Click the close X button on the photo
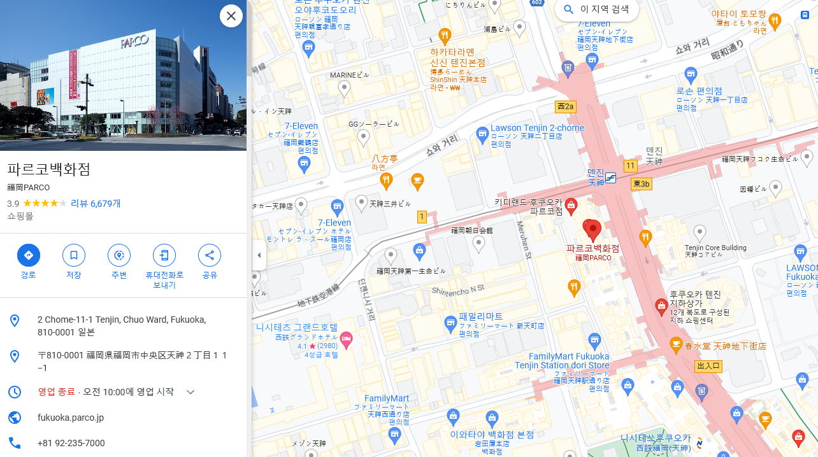[x=231, y=16]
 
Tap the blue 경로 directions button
[x=29, y=255]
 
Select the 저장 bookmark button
[x=74, y=255]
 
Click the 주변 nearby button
[x=119, y=255]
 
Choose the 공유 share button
[x=210, y=255]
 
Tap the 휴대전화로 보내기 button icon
[x=164, y=255]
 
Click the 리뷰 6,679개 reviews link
[x=96, y=204]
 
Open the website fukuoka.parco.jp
[x=71, y=418]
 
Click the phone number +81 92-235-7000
[x=71, y=443]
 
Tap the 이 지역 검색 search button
[x=596, y=10]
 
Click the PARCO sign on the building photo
[x=134, y=42]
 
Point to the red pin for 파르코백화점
[x=593, y=229]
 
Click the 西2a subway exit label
[x=565, y=106]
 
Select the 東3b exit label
[x=641, y=184]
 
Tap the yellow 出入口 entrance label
[x=708, y=366]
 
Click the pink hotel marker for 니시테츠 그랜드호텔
[x=346, y=337]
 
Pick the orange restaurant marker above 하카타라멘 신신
[x=445, y=35]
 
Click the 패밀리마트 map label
[x=480, y=316]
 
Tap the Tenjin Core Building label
[x=715, y=248]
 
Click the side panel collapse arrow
[x=259, y=255]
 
